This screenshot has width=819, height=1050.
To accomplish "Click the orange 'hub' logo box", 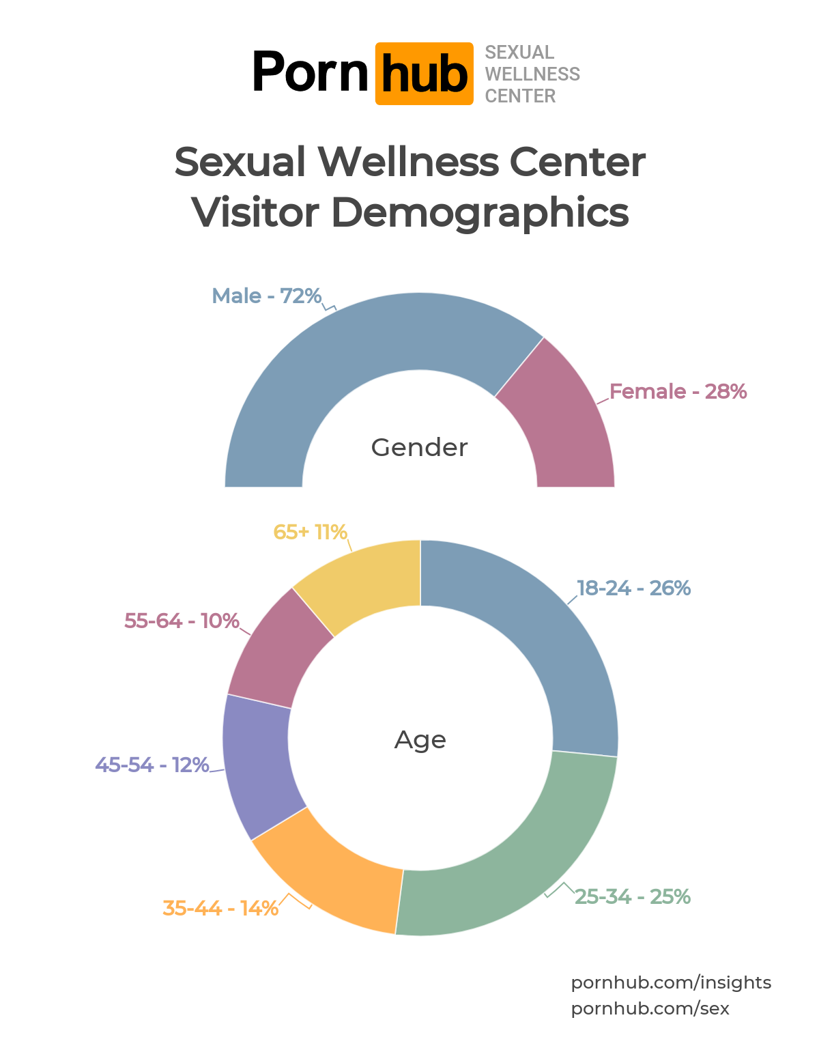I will [x=424, y=74].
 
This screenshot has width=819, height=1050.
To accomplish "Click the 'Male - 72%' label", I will [x=266, y=296].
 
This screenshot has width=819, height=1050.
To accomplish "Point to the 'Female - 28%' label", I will [x=678, y=392].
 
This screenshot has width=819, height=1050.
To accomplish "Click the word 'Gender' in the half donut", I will [x=419, y=448].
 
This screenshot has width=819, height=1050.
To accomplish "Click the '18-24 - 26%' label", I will [x=633, y=588].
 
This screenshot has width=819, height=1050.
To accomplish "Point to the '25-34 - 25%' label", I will [x=632, y=897].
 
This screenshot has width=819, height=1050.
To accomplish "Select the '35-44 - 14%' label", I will [x=220, y=909].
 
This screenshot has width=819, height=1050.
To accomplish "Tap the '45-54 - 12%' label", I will [x=152, y=765].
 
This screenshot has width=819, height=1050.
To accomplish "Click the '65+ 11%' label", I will [x=310, y=533].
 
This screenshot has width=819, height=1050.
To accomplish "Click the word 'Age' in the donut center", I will [x=420, y=740].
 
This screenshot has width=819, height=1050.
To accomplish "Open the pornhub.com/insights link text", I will [x=671, y=983].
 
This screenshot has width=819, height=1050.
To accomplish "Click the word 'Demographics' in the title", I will [x=480, y=212].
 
